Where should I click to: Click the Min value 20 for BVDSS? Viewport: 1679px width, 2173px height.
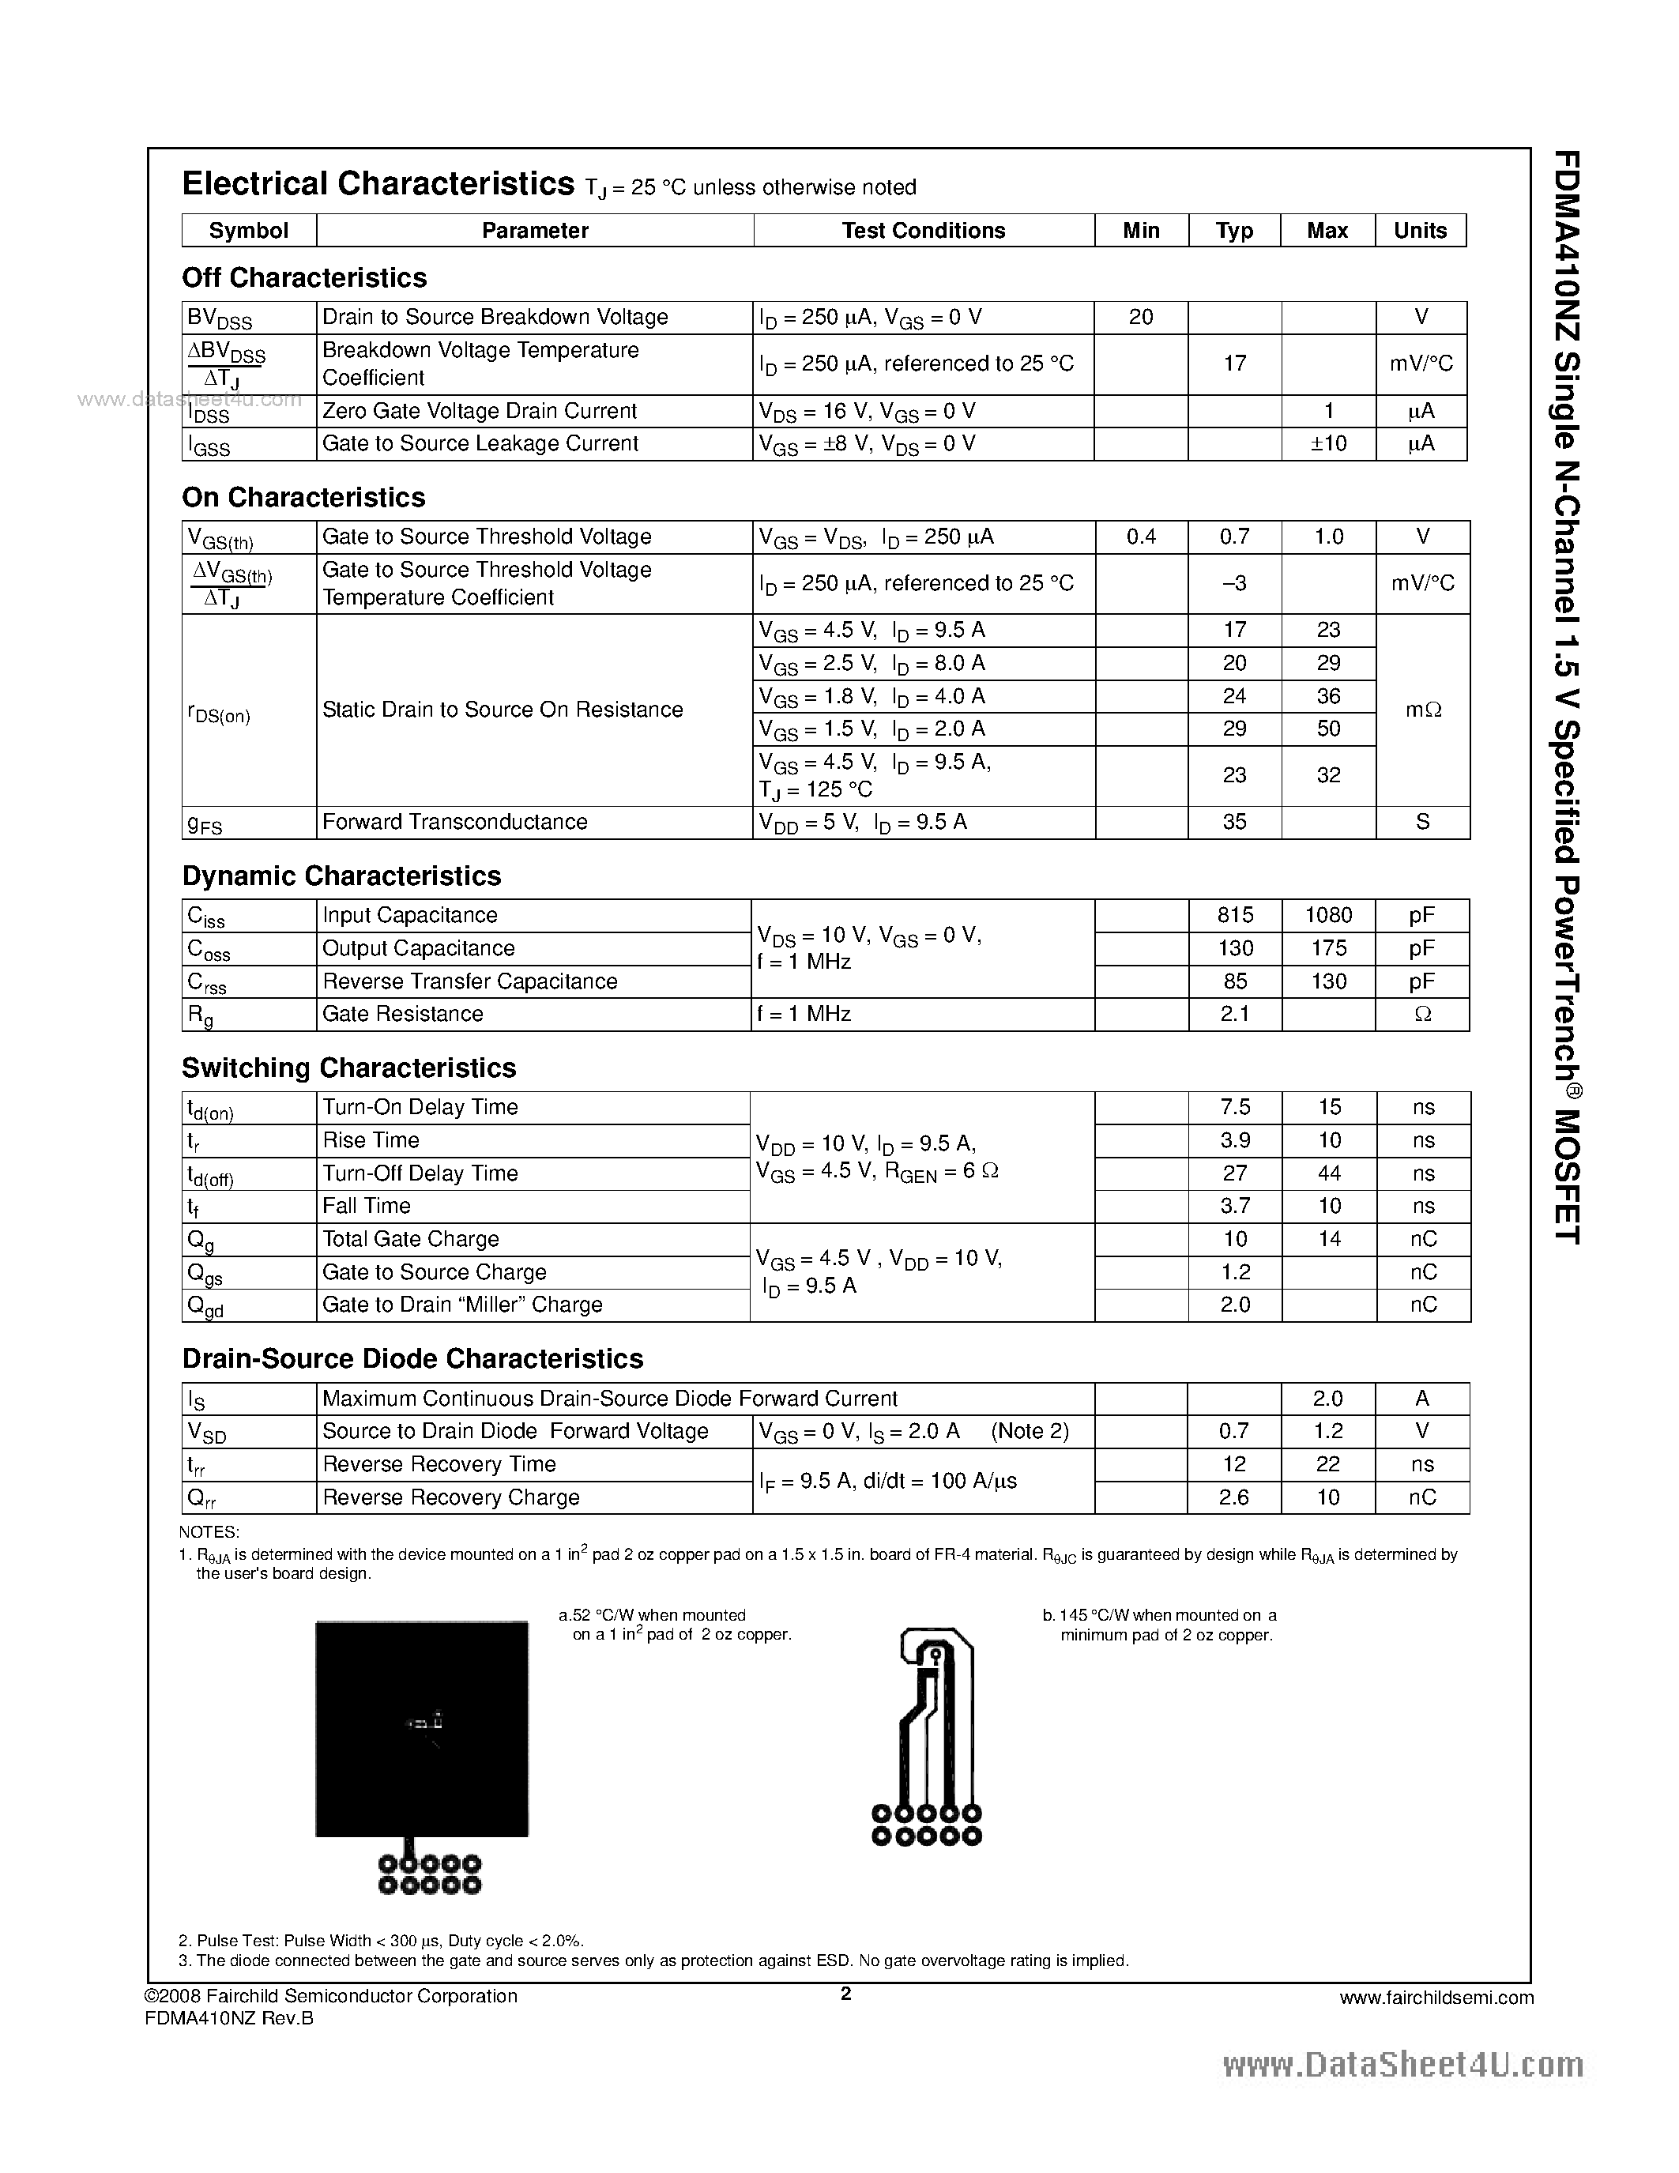[x=1141, y=318]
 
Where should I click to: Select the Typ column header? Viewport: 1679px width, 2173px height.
[x=1234, y=231]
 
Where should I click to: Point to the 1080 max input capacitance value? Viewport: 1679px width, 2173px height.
[x=1328, y=915]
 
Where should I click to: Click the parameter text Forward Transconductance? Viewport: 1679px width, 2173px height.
[x=454, y=822]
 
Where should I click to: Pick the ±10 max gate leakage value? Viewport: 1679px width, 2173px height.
[x=1328, y=444]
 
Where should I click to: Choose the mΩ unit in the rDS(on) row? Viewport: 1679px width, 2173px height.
[x=1422, y=710]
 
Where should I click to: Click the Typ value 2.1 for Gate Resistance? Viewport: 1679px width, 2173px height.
[x=1234, y=1014]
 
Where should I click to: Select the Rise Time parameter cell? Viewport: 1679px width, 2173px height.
[x=371, y=1140]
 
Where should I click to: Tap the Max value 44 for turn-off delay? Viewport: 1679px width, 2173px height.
[x=1329, y=1173]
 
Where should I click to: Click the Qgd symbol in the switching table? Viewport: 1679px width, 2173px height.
[x=205, y=1306]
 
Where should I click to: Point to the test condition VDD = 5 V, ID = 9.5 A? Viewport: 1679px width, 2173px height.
[x=862, y=823]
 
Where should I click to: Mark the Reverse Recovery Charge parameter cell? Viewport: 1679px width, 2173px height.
[x=450, y=1497]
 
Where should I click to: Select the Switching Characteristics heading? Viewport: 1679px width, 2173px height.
[x=348, y=1068]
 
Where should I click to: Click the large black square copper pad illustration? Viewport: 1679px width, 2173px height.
[x=422, y=1728]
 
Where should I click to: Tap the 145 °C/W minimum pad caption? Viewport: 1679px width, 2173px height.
[x=1160, y=1625]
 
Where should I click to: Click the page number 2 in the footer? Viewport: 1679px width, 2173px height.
[x=845, y=1993]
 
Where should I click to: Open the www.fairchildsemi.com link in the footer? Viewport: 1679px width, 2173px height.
[x=1436, y=1998]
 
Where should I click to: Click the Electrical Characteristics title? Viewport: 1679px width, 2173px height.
[x=378, y=184]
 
